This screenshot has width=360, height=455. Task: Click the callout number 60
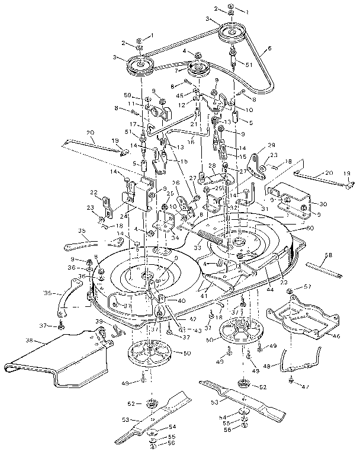310,228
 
